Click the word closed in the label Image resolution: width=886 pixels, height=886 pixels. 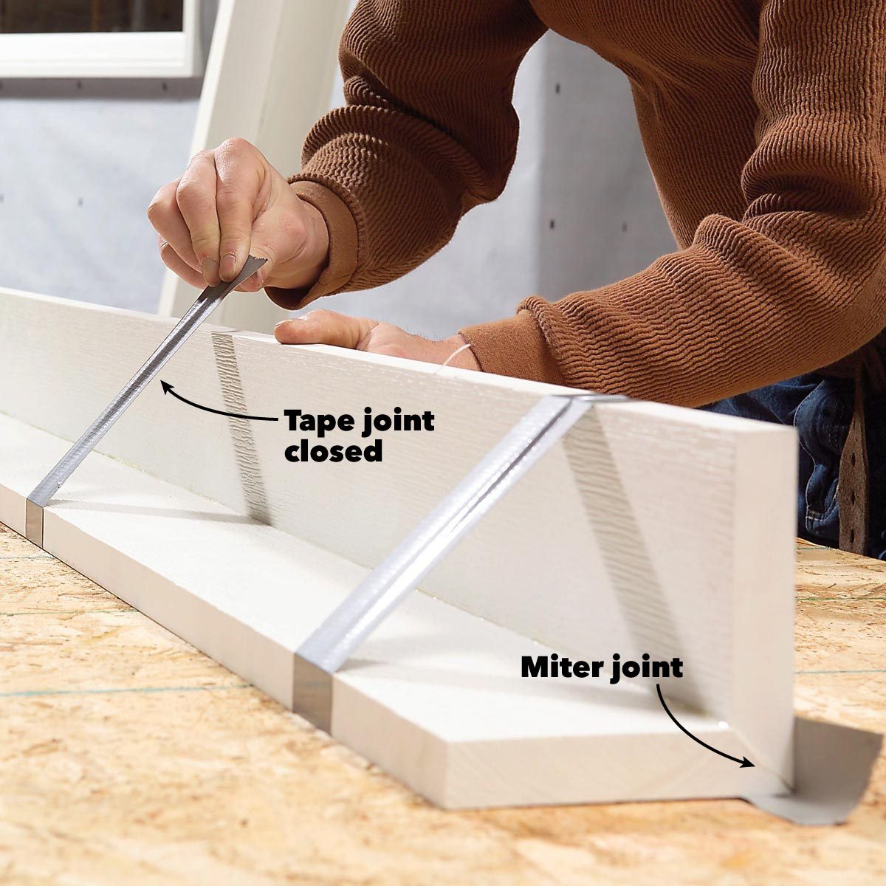click(333, 452)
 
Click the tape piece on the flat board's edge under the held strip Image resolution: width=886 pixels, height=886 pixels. click(35, 521)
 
